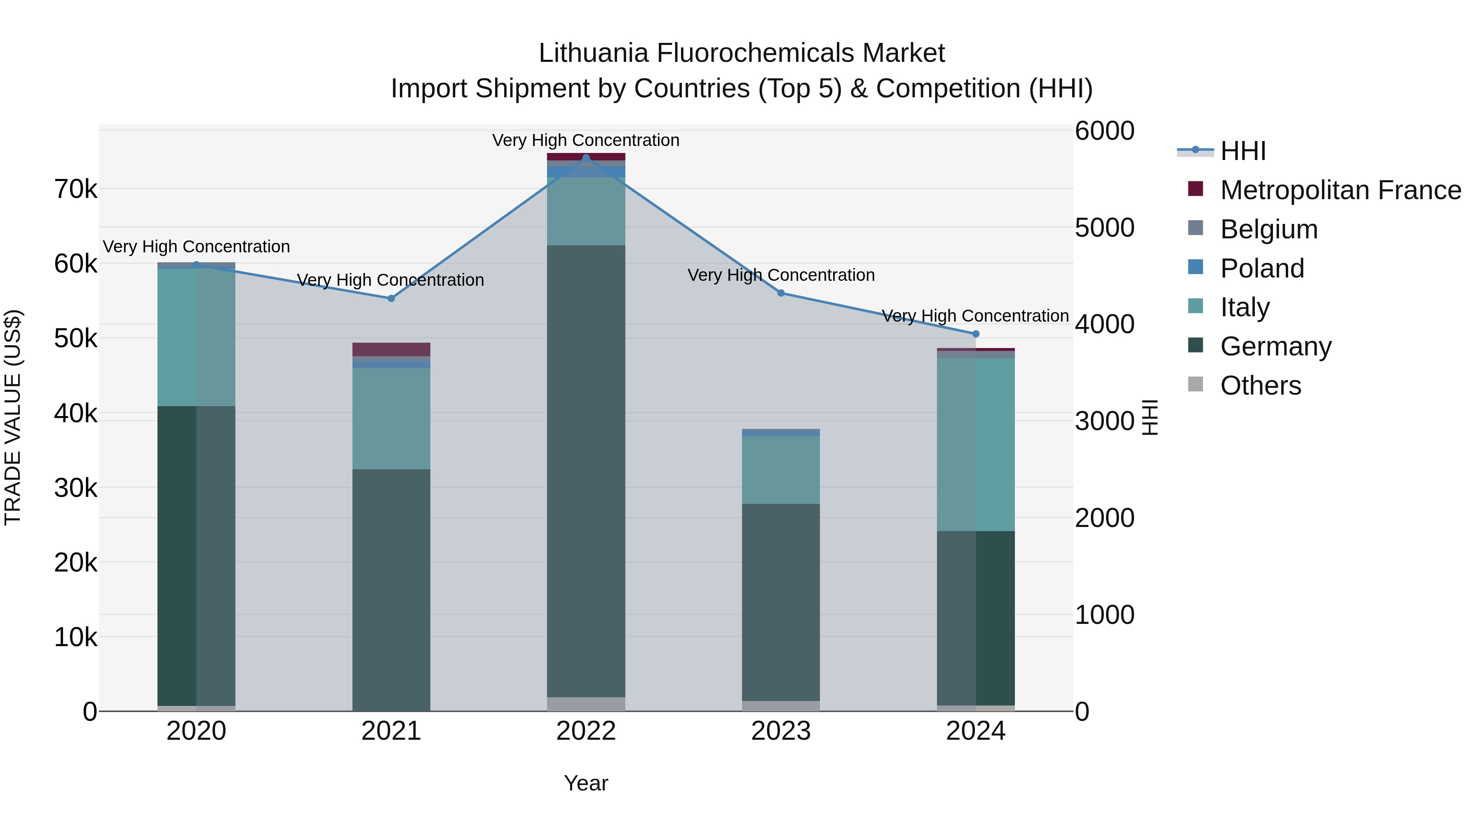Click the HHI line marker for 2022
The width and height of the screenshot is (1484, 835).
[586, 158]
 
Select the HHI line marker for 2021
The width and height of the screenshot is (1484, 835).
[391, 299]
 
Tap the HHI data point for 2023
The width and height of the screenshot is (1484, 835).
[781, 293]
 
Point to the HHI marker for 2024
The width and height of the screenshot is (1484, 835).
[975, 334]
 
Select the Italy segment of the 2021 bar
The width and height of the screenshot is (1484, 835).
[391, 419]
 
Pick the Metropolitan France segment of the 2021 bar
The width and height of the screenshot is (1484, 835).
[391, 349]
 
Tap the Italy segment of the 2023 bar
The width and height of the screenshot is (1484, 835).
[781, 470]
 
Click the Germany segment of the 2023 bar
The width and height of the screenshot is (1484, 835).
[781, 602]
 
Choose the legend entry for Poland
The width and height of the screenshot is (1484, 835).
[1262, 268]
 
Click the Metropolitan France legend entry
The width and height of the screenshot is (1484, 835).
[1340, 190]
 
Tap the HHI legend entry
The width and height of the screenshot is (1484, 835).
[1242, 151]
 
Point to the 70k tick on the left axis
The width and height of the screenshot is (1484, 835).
[76, 189]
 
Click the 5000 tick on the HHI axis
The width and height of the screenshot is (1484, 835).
[1104, 228]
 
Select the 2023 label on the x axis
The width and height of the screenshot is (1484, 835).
[781, 731]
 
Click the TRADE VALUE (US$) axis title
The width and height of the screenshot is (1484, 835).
[13, 417]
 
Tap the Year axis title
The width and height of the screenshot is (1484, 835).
[586, 783]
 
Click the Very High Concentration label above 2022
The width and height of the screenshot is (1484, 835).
[586, 140]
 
